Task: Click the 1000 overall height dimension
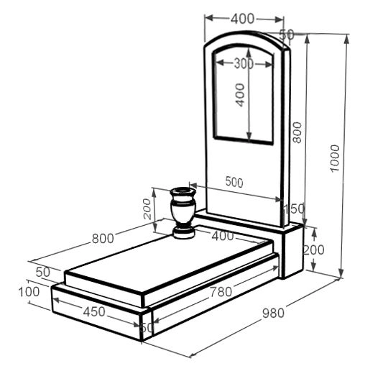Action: point(334,158)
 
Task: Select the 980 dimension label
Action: point(273,313)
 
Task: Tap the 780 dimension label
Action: point(221,292)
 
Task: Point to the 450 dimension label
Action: point(94,312)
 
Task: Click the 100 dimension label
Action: point(29,292)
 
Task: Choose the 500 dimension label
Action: point(234,182)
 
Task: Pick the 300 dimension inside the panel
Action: point(244,64)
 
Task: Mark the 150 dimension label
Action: point(294,209)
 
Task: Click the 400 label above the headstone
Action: point(243,19)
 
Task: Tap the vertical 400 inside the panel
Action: point(240,95)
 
